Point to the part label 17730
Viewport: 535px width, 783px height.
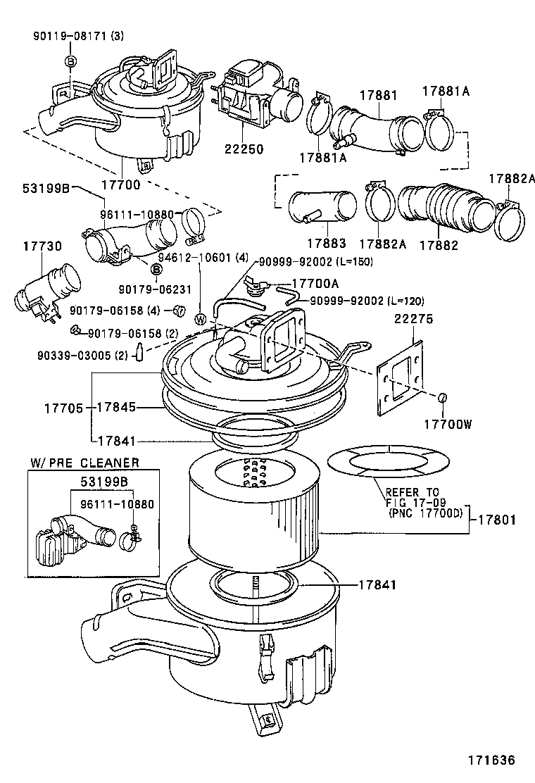click(42, 246)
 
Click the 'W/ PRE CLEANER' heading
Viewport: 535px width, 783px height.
click(84, 463)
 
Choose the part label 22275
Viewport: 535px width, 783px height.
click(413, 319)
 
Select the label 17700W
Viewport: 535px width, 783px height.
click(446, 424)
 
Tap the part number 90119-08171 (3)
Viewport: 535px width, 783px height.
click(77, 36)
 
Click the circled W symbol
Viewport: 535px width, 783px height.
click(201, 318)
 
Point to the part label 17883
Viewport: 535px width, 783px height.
click(326, 244)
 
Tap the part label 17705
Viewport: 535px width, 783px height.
click(64, 408)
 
